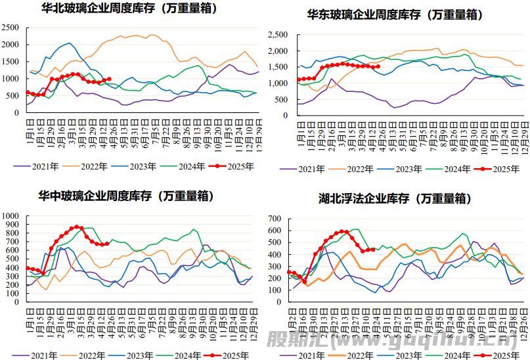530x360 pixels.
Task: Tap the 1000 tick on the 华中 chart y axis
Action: pos(11,215)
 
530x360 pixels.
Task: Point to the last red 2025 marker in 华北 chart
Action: pos(108,79)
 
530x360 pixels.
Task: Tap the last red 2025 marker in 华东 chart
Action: pos(378,66)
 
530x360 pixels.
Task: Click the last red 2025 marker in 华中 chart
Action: pos(107,244)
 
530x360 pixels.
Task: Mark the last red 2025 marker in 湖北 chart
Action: pos(373,250)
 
